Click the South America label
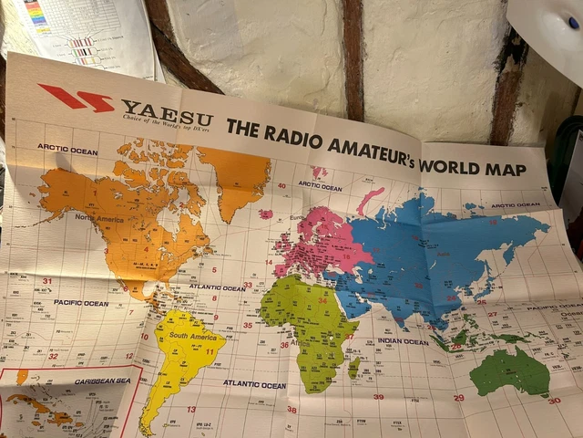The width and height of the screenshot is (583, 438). [191, 337]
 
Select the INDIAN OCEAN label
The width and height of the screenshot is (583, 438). [403, 341]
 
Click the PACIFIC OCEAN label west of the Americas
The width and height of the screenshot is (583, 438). [80, 303]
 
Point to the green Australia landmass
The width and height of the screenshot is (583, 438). [510, 370]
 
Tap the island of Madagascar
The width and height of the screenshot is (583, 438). [353, 367]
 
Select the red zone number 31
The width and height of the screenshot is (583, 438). [46, 281]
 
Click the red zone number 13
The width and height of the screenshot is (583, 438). [191, 409]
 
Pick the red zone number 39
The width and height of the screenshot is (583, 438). [377, 397]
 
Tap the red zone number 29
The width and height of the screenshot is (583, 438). [458, 398]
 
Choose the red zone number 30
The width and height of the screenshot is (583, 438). [553, 400]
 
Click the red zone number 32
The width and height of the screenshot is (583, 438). [53, 357]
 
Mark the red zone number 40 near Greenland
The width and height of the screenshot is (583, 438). [282, 186]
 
